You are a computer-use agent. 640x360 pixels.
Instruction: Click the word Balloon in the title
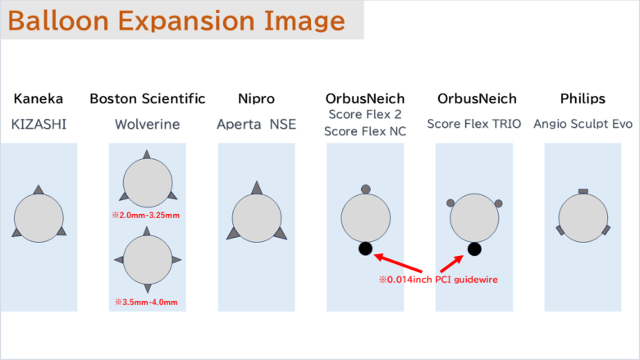[x=58, y=21]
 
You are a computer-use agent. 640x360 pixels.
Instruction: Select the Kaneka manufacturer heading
[x=39, y=98]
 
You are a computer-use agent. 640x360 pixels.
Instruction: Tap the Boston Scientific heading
[x=148, y=98]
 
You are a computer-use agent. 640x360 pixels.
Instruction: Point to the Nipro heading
[x=256, y=98]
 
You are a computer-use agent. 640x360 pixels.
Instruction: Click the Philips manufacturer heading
[x=583, y=98]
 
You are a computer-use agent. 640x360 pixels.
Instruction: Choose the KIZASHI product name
[x=39, y=124]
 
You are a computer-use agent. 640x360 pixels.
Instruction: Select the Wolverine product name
[x=148, y=124]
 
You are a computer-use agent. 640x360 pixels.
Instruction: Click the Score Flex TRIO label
[x=474, y=124]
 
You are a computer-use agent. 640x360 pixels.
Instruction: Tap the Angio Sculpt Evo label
[x=583, y=124]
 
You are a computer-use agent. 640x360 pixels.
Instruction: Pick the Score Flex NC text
[x=365, y=131]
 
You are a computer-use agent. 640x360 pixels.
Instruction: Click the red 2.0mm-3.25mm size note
[x=146, y=216]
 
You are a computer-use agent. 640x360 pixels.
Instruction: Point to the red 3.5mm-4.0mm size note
[x=146, y=302]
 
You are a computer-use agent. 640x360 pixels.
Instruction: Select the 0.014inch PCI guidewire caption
[x=438, y=280]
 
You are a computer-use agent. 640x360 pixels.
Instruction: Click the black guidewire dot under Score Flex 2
[x=365, y=248]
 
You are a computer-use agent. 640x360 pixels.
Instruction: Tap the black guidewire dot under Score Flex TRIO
[x=474, y=249]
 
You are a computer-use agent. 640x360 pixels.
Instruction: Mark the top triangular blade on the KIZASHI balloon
[x=39, y=189]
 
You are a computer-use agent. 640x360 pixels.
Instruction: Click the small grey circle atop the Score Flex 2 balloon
[x=366, y=189]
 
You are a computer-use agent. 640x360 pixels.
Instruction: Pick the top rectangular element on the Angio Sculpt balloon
[x=583, y=191]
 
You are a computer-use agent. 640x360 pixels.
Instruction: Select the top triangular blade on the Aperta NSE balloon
[x=257, y=187]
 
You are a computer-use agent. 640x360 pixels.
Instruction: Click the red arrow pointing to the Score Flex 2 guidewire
[x=398, y=263]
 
